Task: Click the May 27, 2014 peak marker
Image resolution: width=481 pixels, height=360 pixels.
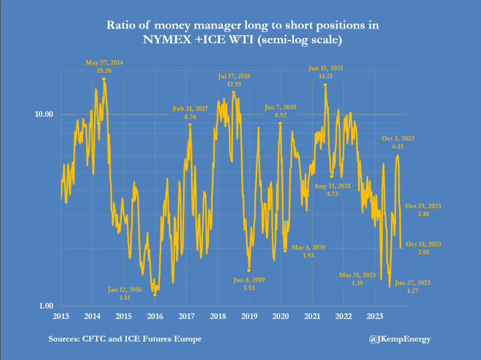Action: pos(104,79)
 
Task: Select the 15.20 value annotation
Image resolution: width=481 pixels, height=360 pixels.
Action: pos(104,71)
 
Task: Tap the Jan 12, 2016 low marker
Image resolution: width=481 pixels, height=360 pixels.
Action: pos(155,295)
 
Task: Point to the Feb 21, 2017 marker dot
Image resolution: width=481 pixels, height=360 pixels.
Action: pos(190,124)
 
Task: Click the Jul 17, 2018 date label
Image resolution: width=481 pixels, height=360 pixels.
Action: pos(234,76)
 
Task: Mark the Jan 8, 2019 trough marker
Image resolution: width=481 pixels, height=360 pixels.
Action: pos(249,270)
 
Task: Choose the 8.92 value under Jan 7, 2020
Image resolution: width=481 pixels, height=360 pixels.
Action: pos(280,115)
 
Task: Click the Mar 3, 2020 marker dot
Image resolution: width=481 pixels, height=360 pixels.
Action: pos(285,250)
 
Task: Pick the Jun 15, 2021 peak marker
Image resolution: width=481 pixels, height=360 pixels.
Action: pos(326,85)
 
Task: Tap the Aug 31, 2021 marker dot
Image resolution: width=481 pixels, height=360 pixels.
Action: pos(332,176)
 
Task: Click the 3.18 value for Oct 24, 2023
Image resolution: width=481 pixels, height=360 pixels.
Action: pos(423,214)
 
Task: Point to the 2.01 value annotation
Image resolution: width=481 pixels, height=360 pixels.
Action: pos(423,252)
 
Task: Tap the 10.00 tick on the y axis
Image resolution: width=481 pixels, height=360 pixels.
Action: pos(44,114)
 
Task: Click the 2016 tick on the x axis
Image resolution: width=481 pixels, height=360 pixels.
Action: pos(155,316)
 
